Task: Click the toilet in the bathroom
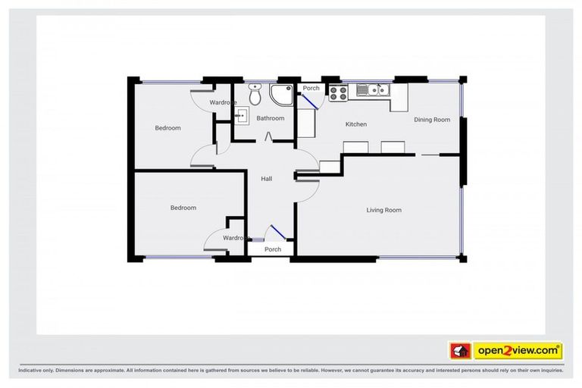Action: point(255,96)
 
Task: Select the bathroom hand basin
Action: point(242,116)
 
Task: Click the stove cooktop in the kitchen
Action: point(338,92)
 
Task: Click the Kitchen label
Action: point(355,124)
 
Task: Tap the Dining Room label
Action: point(432,120)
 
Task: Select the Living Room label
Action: point(383,210)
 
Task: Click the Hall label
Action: point(267,179)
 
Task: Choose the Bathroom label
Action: point(271,118)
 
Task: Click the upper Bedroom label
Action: point(168,128)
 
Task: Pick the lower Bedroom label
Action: point(183,208)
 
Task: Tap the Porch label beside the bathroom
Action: point(311,89)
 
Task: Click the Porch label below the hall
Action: point(273,249)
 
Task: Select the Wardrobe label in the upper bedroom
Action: point(223,102)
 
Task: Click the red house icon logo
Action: point(459,351)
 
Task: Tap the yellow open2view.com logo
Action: point(518,351)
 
